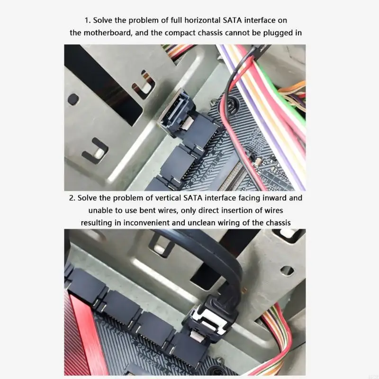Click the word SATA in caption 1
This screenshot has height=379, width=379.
[233, 21]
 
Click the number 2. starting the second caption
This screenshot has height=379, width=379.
[72, 198]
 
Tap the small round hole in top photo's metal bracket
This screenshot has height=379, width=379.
[73, 99]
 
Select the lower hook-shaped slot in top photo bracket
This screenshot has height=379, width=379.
[95, 151]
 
